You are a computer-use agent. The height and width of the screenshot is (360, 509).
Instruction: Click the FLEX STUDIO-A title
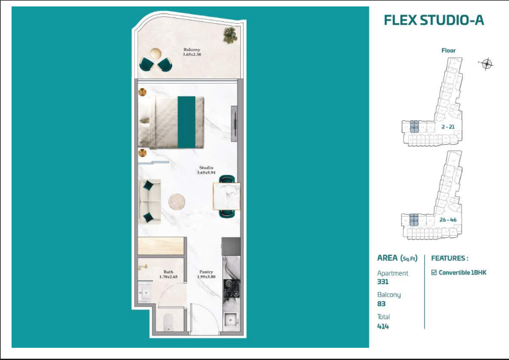pyautogui.click(x=433, y=20)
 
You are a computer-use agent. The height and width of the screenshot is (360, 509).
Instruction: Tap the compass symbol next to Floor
pyautogui.click(x=487, y=63)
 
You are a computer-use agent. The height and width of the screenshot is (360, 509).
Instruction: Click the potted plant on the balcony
pyautogui.click(x=229, y=36)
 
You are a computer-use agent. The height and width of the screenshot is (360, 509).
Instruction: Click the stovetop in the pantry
pyautogui.click(x=230, y=287)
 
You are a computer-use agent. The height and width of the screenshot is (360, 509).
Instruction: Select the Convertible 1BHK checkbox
pyautogui.click(x=434, y=273)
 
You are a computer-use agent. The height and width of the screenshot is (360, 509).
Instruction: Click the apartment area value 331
pyautogui.click(x=383, y=282)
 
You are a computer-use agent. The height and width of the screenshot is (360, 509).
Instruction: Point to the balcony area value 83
pyautogui.click(x=381, y=303)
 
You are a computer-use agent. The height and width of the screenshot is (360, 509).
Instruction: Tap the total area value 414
pyautogui.click(x=383, y=326)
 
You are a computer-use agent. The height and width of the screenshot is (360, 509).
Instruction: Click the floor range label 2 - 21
pyautogui.click(x=449, y=127)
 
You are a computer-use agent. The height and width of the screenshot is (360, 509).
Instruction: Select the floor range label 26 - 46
pyautogui.click(x=449, y=220)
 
